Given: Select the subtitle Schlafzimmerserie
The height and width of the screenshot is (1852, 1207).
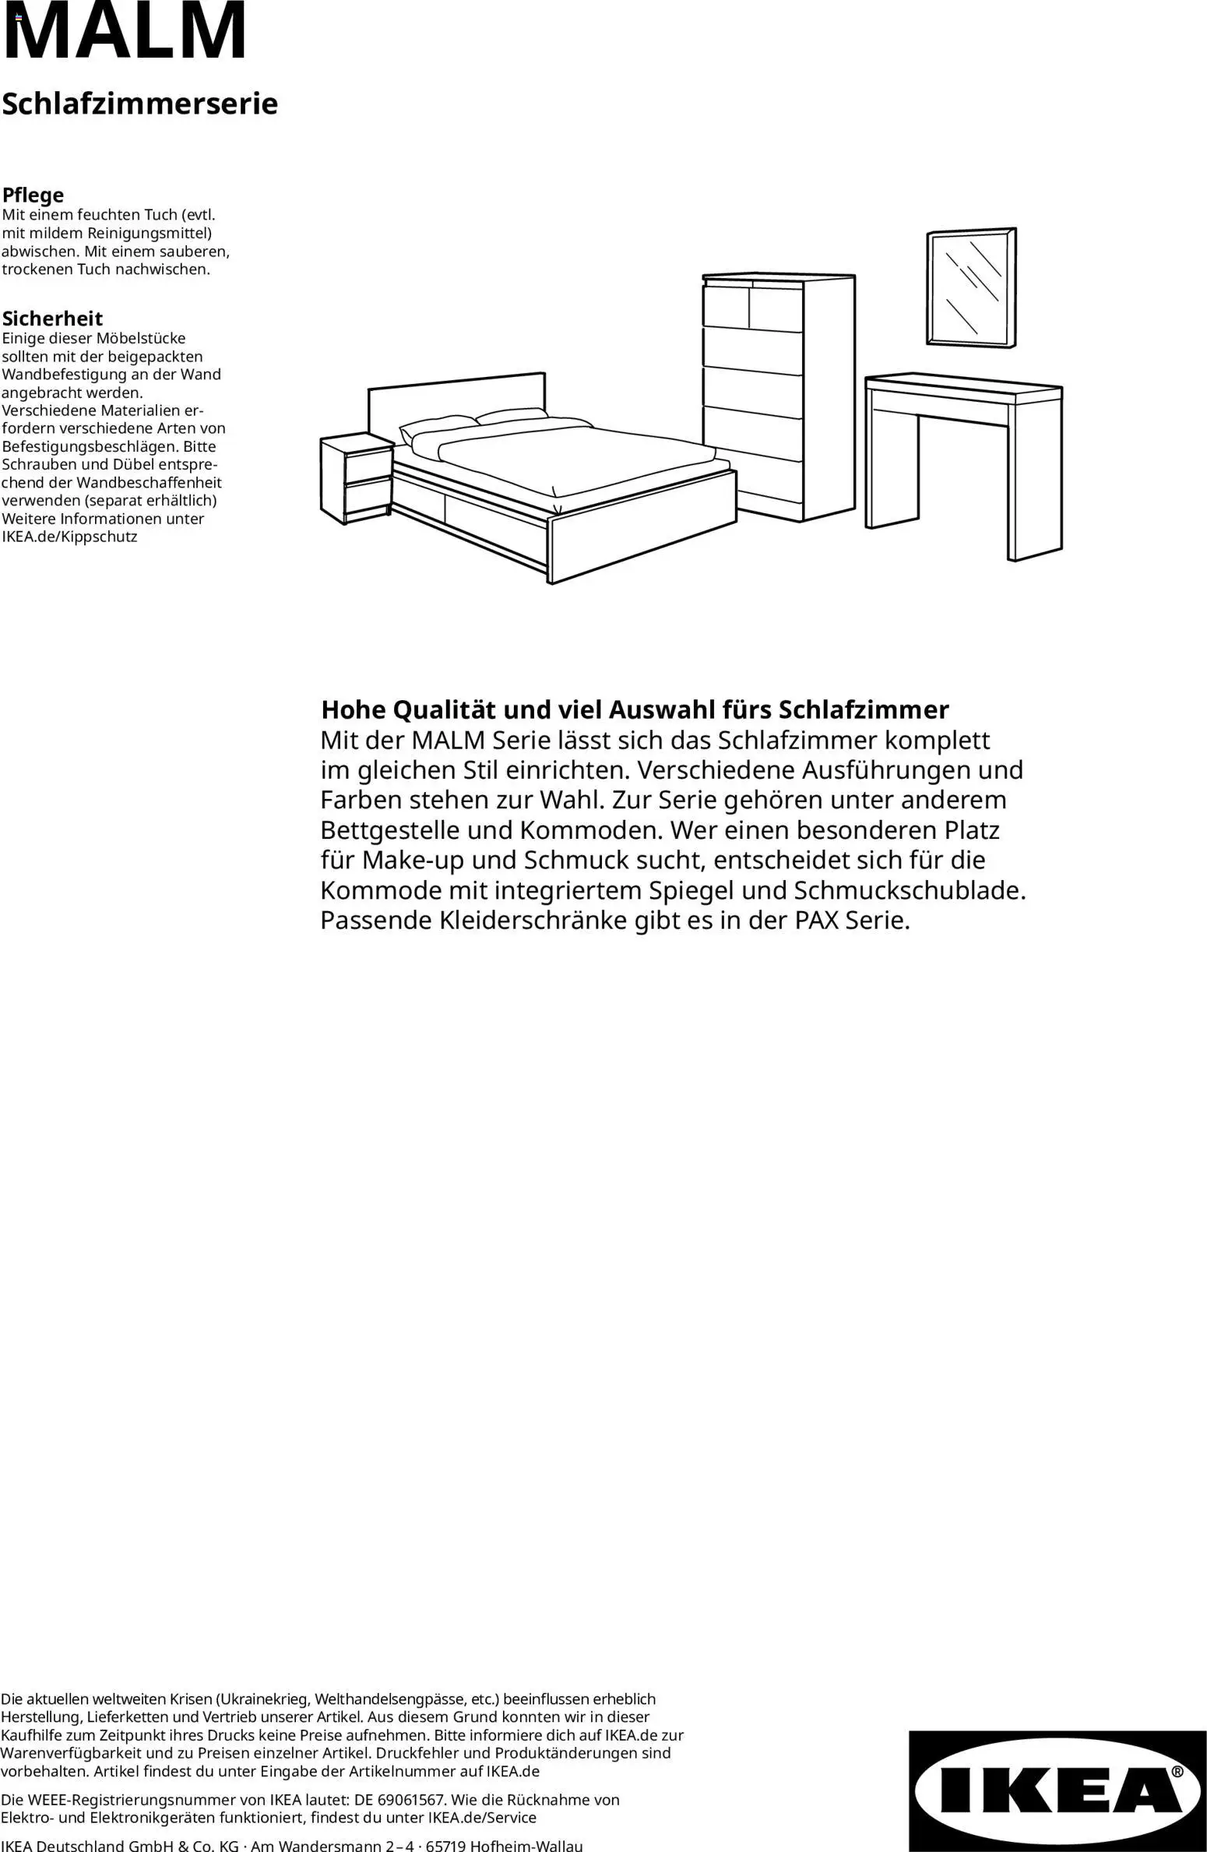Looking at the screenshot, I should click(139, 104).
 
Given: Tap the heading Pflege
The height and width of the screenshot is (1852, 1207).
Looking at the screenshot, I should click(33, 195).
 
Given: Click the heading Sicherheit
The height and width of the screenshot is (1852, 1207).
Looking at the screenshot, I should click(52, 318).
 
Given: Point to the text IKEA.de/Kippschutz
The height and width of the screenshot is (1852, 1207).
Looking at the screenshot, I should click(69, 537).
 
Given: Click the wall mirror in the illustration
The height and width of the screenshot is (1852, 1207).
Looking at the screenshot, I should click(971, 288).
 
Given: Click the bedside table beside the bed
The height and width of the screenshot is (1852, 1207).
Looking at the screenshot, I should click(357, 479).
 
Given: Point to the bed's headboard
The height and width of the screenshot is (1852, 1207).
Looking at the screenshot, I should click(456, 401).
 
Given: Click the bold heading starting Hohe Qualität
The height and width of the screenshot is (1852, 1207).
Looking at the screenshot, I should click(635, 709).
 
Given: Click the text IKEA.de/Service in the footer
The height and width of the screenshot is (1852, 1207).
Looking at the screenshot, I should click(482, 1818).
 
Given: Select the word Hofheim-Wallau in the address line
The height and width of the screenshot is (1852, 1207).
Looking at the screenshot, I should click(526, 1846).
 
